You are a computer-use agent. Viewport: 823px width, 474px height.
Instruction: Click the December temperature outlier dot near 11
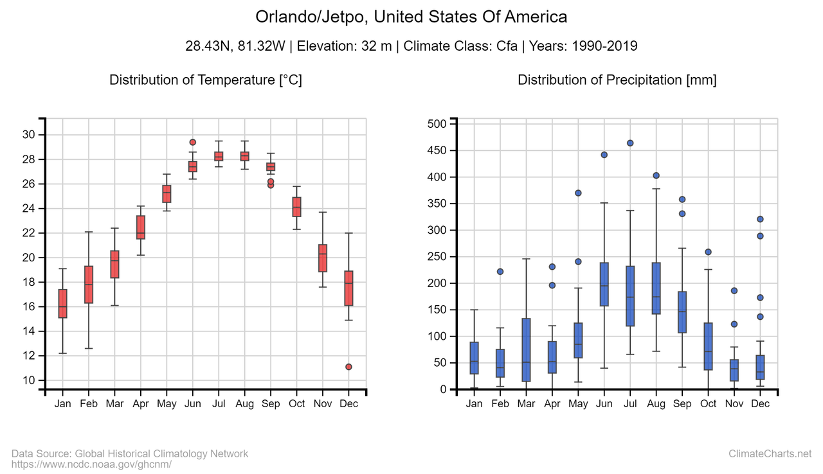pos(348,367)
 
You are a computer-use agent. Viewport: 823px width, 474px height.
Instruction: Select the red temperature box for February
pos(89,285)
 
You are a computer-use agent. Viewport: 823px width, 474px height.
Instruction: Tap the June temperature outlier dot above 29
pos(192,142)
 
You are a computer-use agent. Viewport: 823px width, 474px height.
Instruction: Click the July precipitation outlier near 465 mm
pos(630,143)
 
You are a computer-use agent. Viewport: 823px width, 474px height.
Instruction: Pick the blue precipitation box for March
pos(526,350)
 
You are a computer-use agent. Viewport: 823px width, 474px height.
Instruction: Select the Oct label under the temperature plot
pos(296,404)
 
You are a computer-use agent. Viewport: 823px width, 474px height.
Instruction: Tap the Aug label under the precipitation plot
pos(656,404)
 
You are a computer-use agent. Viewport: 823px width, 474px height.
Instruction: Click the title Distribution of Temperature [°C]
pos(206,80)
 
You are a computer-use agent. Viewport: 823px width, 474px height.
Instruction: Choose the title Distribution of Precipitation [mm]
pos(617,80)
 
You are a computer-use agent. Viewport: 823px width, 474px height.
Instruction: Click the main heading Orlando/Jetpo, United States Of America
pos(411,17)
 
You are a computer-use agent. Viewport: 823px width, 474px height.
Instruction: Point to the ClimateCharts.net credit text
pos(770,454)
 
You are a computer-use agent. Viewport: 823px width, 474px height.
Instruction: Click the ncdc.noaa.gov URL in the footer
pos(91,464)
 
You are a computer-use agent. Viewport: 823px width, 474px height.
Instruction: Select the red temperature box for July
pos(219,156)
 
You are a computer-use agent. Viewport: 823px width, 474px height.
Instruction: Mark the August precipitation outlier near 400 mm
pos(656,175)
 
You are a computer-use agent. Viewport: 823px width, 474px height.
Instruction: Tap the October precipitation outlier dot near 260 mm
pos(708,252)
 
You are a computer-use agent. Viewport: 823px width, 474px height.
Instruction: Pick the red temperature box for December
pos(348,288)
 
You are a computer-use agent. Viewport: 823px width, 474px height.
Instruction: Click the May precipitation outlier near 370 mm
pos(578,193)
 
